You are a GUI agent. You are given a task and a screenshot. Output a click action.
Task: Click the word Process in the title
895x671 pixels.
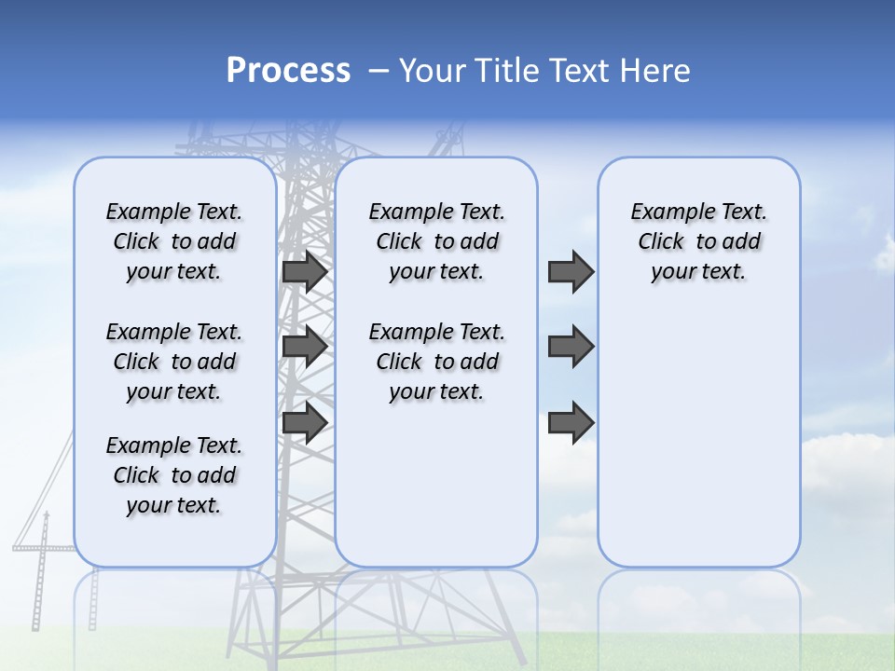(288, 70)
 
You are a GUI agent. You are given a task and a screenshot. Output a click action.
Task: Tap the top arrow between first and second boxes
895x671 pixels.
(304, 271)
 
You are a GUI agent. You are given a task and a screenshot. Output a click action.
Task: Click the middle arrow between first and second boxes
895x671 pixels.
(304, 347)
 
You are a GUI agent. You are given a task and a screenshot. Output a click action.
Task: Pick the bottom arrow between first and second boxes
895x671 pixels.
(304, 422)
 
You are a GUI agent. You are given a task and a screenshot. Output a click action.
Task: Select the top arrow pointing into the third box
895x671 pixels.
(571, 271)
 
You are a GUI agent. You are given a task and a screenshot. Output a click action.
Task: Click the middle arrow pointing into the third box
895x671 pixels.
(571, 347)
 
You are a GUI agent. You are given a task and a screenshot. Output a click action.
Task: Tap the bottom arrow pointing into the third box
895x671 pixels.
(571, 422)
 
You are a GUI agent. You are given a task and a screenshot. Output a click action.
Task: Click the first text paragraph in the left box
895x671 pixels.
(174, 241)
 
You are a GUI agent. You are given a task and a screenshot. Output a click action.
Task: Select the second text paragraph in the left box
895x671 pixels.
(174, 362)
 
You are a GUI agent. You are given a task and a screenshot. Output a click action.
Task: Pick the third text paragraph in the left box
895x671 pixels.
(174, 475)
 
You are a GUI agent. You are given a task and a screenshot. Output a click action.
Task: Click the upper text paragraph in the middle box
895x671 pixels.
(436, 241)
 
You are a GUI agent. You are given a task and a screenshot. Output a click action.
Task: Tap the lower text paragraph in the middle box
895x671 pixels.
(436, 362)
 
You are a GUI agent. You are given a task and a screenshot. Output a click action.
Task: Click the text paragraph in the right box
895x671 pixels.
(698, 241)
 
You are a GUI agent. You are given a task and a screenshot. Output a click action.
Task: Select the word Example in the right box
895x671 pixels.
(666, 212)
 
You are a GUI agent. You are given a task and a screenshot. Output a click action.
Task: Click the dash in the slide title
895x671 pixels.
(378, 70)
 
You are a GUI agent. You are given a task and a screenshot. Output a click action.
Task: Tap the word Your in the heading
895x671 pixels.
(433, 70)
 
